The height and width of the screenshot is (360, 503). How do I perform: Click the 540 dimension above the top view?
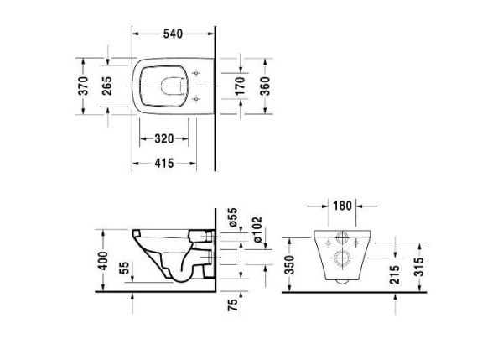[x=173, y=34]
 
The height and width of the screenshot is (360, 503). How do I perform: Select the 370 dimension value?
[x=84, y=86]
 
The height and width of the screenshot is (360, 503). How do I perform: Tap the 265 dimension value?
[x=108, y=86]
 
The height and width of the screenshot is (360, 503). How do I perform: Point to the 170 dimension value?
[x=240, y=86]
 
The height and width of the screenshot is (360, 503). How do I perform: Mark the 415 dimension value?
[x=164, y=164]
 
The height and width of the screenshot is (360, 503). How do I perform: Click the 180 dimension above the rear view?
[x=341, y=204]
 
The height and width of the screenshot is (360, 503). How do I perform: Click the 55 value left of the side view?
[x=124, y=269]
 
